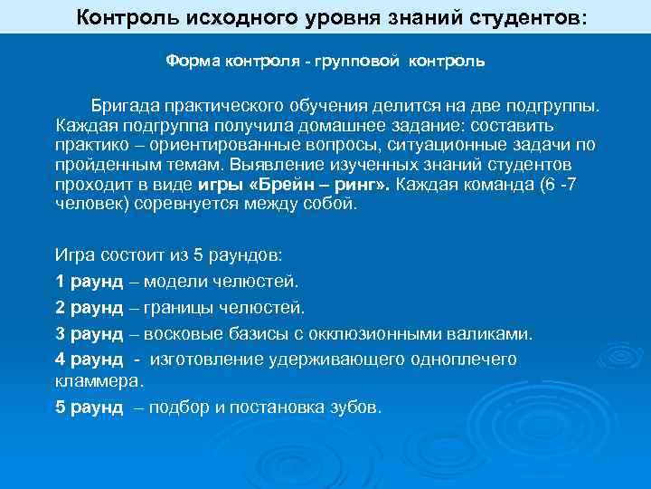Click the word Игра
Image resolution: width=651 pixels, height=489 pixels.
click(75, 255)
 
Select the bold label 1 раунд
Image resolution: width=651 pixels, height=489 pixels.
click(89, 281)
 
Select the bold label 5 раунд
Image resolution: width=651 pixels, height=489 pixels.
click(89, 407)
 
